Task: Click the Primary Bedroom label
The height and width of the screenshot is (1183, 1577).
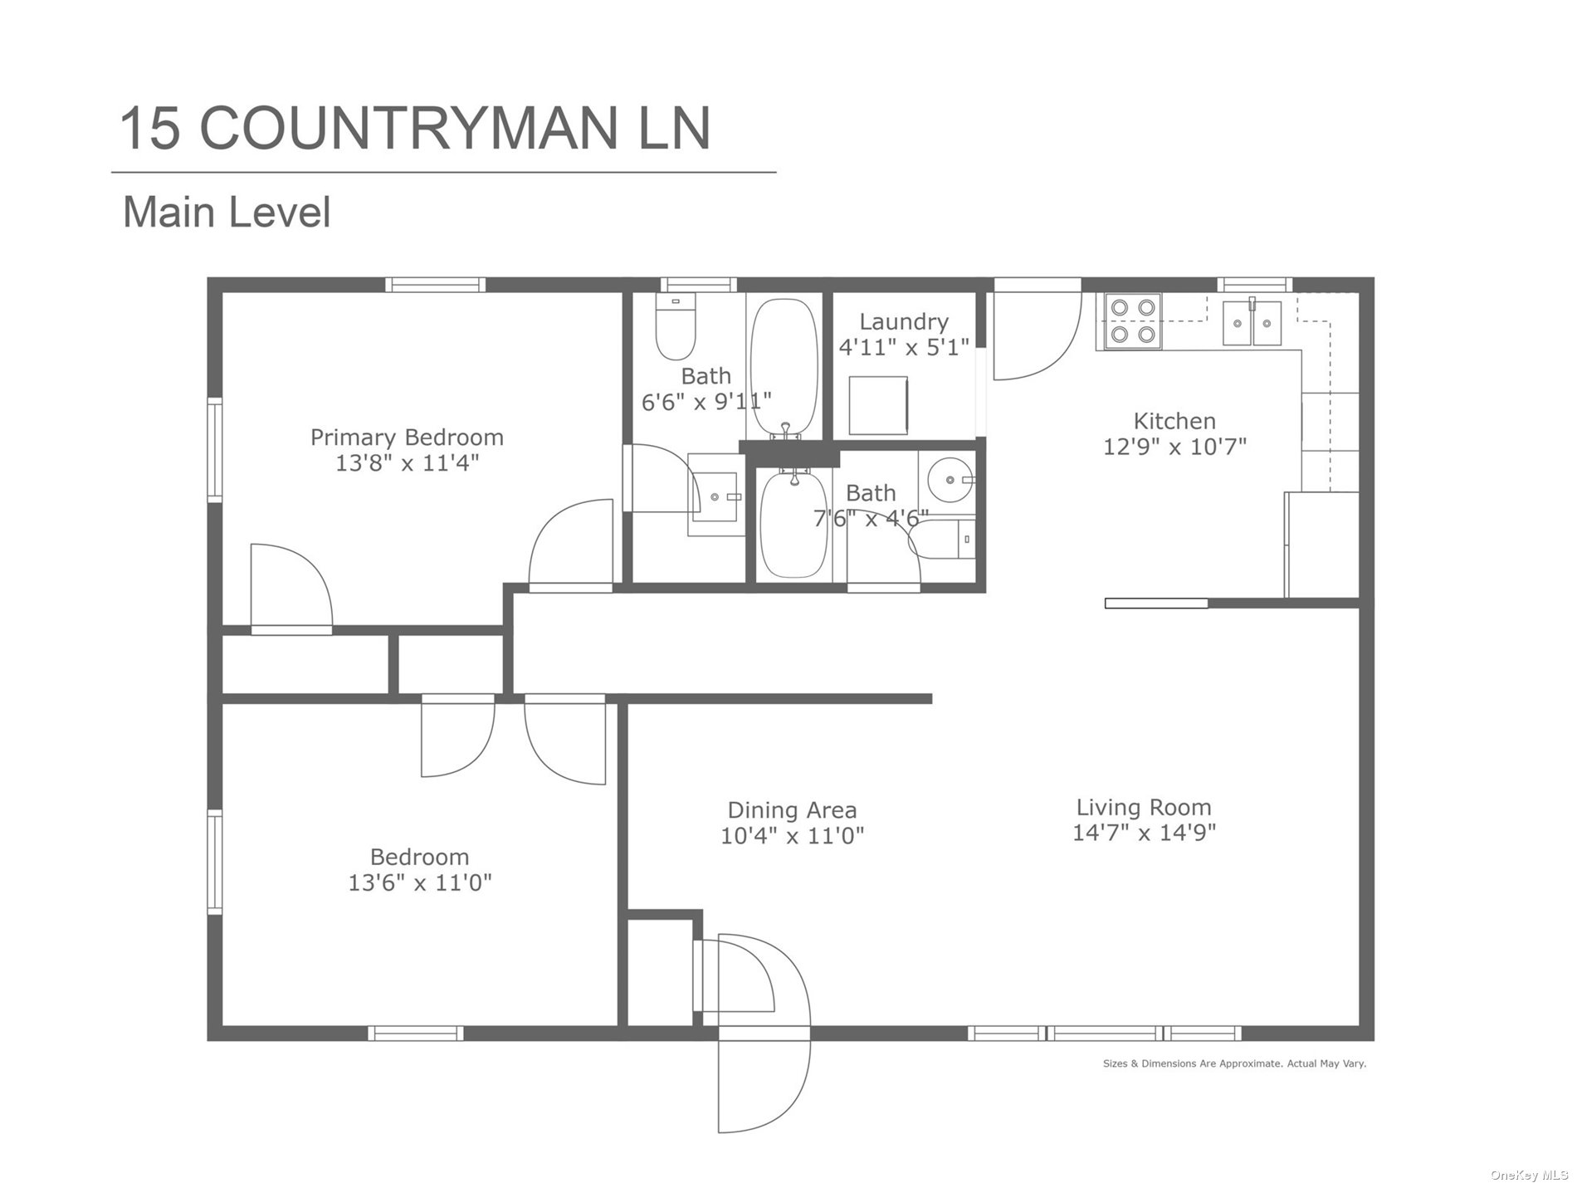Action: point(407,437)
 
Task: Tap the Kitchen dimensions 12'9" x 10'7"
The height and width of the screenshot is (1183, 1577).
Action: point(1174,447)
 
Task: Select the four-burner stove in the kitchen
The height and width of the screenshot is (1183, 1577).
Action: point(1133,321)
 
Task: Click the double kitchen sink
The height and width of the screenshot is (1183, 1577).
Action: point(1252,322)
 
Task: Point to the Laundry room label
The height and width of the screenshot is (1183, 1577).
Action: point(903,321)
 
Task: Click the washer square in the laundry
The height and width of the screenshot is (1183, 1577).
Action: point(878,406)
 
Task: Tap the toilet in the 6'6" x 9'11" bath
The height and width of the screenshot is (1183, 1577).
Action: point(675,327)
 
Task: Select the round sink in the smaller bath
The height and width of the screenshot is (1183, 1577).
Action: point(950,479)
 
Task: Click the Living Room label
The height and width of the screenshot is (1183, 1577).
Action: point(1144,807)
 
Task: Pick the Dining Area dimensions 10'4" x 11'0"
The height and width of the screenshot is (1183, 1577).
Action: point(792,835)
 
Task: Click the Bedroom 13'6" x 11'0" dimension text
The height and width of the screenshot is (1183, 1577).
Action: point(420,882)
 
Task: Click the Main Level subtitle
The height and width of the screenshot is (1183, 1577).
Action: point(227,212)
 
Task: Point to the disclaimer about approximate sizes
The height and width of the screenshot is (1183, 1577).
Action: point(1234,1063)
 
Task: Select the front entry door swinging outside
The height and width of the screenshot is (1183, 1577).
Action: point(764,1079)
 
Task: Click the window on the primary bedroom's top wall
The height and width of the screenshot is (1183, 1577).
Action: point(436,285)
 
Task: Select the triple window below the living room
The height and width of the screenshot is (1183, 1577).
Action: point(1105,1034)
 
